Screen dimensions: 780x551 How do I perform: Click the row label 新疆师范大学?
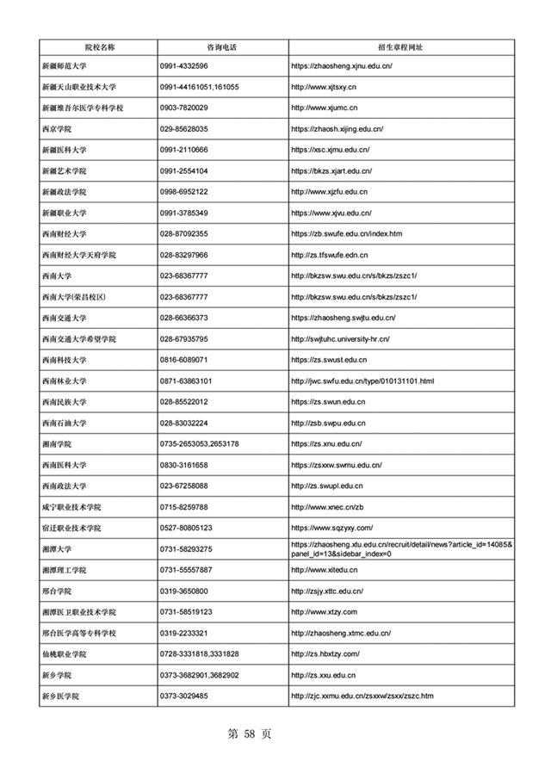pyautogui.click(x=70, y=66)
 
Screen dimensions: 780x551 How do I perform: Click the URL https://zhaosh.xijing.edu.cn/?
pyautogui.click(x=337, y=129)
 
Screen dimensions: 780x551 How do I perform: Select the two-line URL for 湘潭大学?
pyautogui.click(x=402, y=548)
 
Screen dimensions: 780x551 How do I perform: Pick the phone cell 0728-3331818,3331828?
pyautogui.click(x=199, y=654)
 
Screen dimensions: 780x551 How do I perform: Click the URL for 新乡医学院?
pyautogui.click(x=362, y=696)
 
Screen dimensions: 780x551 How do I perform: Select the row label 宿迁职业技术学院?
pyautogui.click(x=72, y=528)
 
